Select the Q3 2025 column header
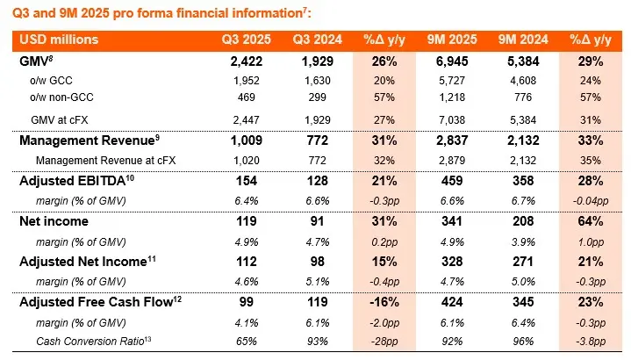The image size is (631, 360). click(247, 40)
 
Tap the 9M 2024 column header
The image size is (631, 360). click(518, 40)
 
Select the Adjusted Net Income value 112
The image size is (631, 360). click(247, 262)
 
